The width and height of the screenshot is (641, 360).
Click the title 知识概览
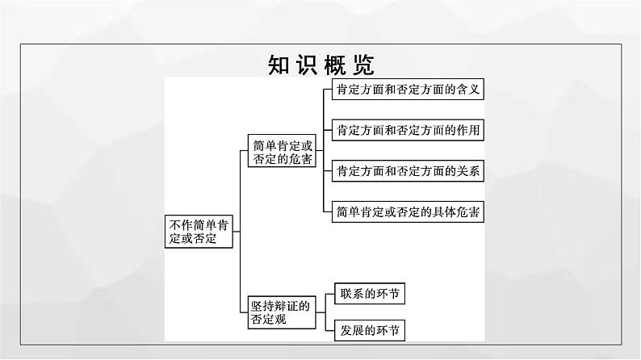click(321, 65)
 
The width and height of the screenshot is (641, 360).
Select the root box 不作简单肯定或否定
click(199, 232)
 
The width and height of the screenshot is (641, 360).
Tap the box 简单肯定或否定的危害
click(282, 151)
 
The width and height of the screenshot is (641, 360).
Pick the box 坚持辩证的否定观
click(282, 312)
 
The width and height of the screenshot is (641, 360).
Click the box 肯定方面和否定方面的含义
click(408, 89)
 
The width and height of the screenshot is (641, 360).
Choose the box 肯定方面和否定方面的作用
click(408, 130)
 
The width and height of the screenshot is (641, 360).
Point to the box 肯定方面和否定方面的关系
click(408, 171)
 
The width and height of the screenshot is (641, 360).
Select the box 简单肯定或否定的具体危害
click(408, 211)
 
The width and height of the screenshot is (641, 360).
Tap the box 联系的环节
click(370, 293)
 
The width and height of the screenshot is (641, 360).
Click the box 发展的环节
click(370, 330)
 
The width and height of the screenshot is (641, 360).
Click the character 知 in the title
click(279, 65)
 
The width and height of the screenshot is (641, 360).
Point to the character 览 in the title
click(363, 65)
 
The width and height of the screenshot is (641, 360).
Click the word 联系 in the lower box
click(351, 293)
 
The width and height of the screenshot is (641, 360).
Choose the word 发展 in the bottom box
click(351, 330)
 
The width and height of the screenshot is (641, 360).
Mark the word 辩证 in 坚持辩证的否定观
click(286, 306)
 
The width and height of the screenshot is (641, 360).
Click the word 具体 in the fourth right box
click(444, 211)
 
